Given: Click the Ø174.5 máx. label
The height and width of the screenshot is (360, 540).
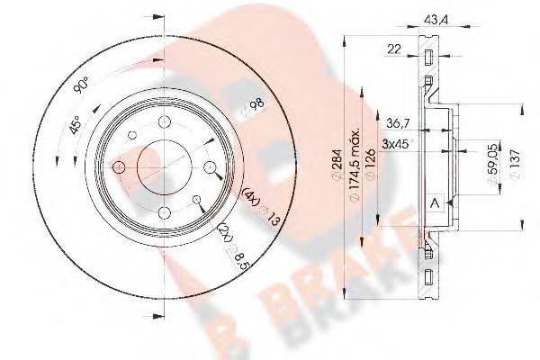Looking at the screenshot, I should tap(366, 166).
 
